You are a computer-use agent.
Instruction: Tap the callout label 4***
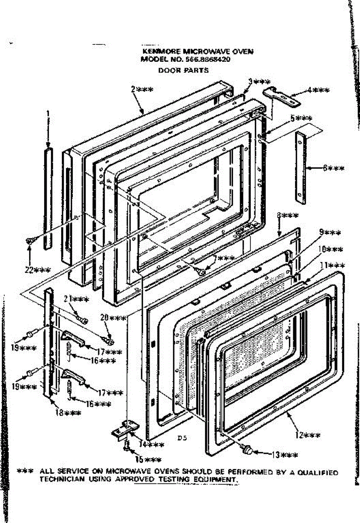318,90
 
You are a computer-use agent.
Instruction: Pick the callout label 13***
285,455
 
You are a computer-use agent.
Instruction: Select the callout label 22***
34,269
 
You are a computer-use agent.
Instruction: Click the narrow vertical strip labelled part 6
301,168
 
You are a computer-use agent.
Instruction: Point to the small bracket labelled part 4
282,97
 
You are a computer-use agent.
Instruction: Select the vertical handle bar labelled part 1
48,198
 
